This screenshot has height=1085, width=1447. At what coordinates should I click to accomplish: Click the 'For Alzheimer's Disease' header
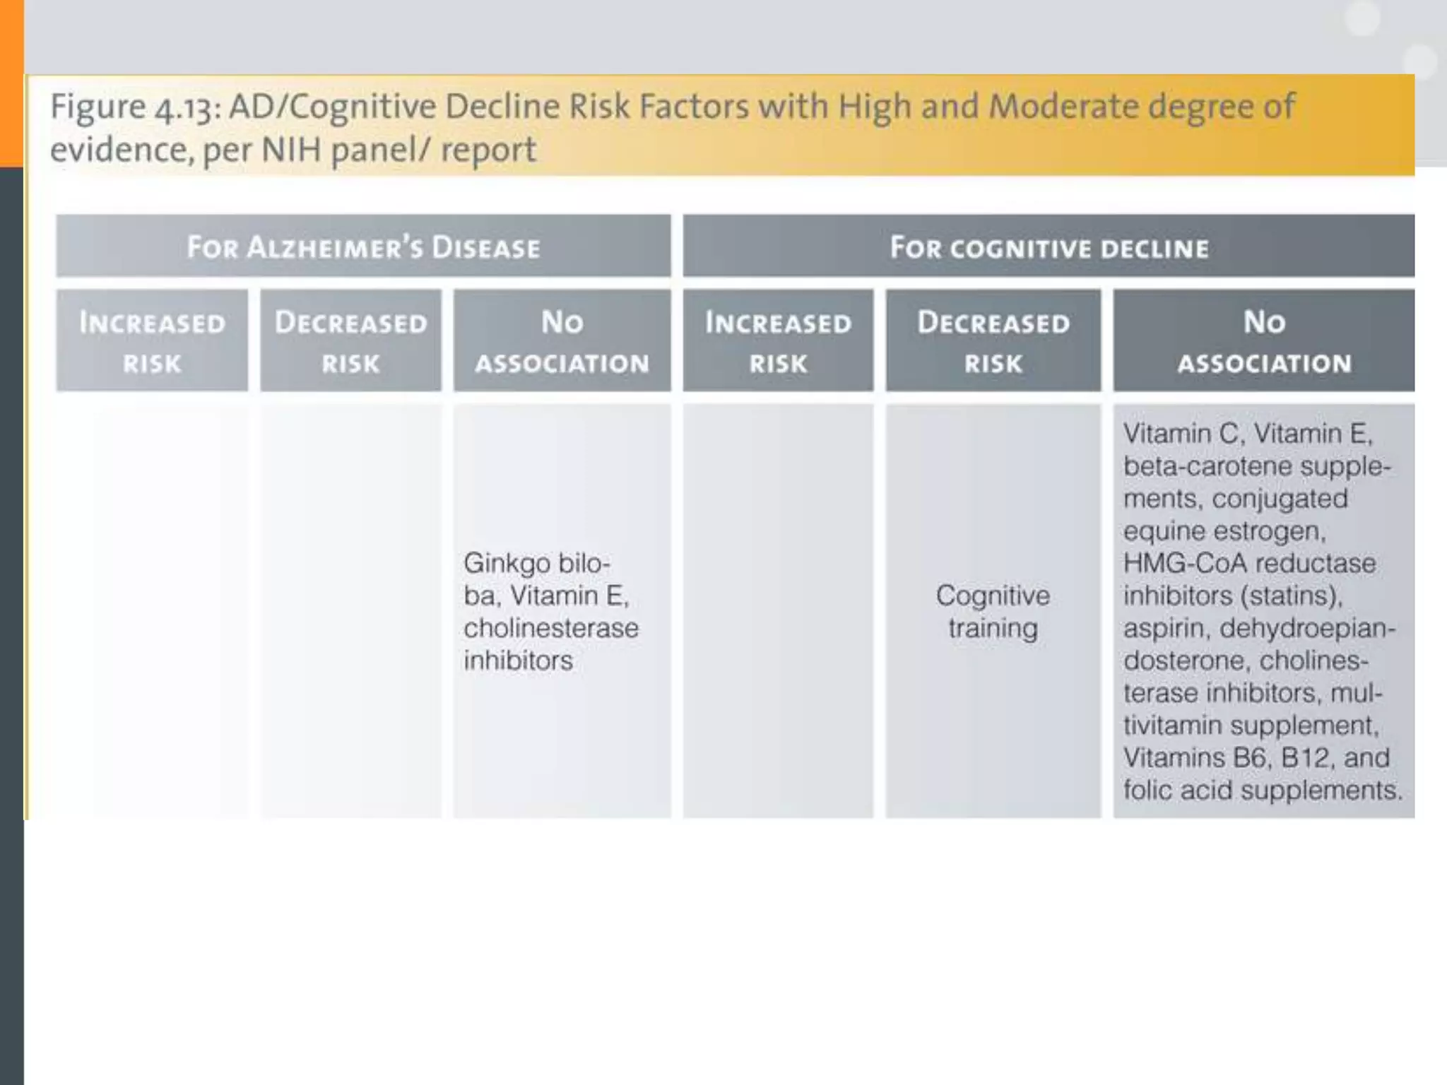click(363, 247)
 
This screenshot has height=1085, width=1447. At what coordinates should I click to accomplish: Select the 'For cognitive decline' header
click(1049, 248)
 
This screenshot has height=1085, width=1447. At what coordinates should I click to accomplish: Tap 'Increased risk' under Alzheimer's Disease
click(152, 342)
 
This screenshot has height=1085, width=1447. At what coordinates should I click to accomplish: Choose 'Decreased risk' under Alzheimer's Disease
click(350, 342)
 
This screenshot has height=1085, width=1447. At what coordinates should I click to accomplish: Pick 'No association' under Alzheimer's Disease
click(562, 342)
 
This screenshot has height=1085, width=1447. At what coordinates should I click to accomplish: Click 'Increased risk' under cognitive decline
click(778, 342)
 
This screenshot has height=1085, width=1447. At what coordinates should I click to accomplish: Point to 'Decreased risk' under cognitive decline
click(993, 342)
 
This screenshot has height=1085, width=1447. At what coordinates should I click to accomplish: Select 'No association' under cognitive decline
click(1264, 342)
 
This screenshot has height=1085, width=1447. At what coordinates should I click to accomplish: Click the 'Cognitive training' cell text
click(993, 612)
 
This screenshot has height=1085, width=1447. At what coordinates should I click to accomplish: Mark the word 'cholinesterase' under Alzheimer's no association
click(551, 628)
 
